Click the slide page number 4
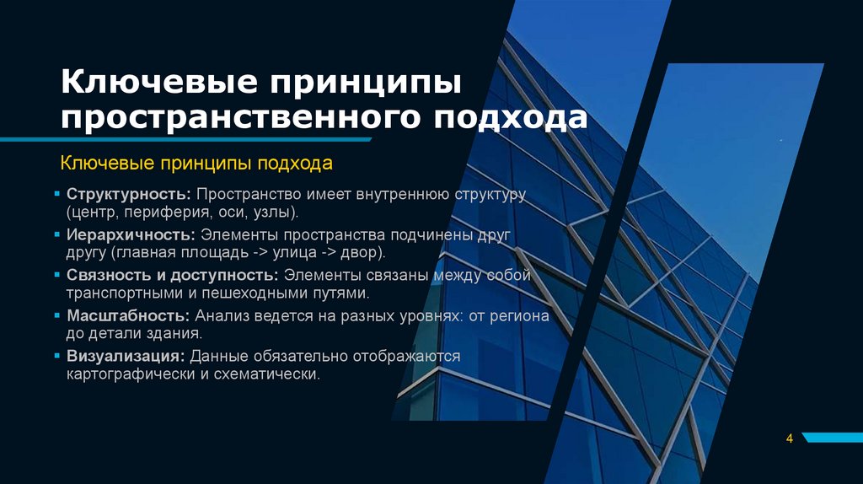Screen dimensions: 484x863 point(789,438)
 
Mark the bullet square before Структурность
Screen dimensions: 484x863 point(58,196)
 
